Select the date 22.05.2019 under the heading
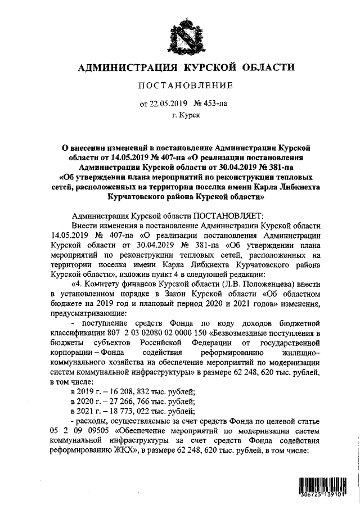167,103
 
